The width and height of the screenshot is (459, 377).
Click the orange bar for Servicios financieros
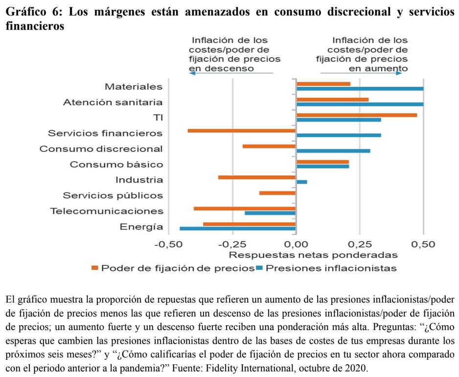coord(242,131)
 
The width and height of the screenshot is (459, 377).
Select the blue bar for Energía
coord(238,228)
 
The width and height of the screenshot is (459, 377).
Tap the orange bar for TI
coord(357,116)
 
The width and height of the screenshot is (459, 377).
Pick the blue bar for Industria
coord(302,182)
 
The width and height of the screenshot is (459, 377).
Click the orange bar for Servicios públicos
coord(277,193)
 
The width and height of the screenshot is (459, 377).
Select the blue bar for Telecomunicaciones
coord(270,213)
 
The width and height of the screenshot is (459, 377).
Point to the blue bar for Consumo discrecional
coord(333,151)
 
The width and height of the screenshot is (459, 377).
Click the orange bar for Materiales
coord(323,84)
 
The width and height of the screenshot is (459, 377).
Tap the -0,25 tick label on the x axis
coord(232,244)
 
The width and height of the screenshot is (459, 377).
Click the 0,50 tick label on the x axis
coord(423,244)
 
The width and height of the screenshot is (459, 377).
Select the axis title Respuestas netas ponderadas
coord(313,255)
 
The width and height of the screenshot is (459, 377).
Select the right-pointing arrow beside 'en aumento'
coord(399,73)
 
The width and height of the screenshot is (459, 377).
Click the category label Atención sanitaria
coord(113,102)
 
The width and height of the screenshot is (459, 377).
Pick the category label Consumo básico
coord(116,165)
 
